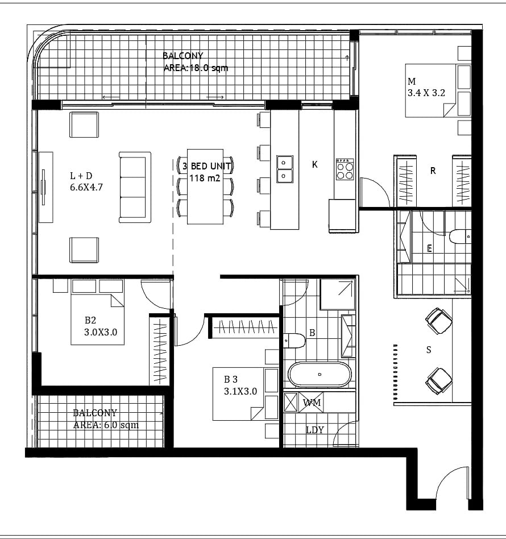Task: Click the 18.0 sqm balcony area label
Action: click(x=196, y=68)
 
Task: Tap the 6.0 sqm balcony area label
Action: click(x=106, y=425)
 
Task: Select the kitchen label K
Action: click(x=314, y=165)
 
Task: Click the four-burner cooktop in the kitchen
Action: click(x=345, y=169)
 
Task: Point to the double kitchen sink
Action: click(x=285, y=169)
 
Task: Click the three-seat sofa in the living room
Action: click(x=135, y=188)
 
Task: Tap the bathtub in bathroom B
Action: click(x=320, y=374)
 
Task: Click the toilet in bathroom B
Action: click(x=295, y=341)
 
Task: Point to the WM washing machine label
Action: click(x=312, y=402)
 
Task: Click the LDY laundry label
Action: click(x=315, y=430)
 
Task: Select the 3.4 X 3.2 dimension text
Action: click(x=426, y=93)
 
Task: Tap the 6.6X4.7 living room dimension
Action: click(x=86, y=188)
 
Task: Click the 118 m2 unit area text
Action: click(x=205, y=178)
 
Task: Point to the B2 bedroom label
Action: click(x=90, y=320)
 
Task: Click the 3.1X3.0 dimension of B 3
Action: click(x=240, y=391)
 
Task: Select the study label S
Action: click(x=428, y=350)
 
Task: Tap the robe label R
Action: click(x=433, y=171)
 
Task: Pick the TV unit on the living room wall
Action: click(x=45, y=188)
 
